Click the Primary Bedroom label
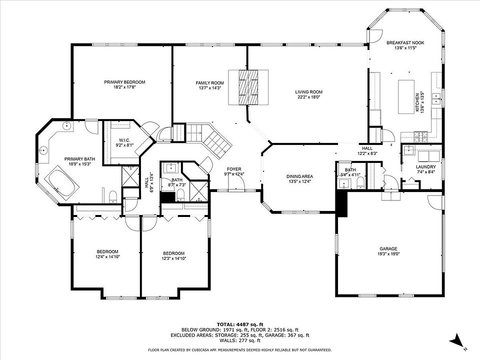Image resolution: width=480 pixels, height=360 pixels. click(124, 82)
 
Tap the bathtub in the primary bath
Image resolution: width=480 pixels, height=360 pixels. click(63, 180)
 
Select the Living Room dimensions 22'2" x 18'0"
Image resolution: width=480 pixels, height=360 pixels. click(308, 97)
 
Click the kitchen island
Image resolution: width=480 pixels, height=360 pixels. click(406, 97)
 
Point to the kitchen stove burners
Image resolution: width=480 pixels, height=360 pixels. click(421, 137)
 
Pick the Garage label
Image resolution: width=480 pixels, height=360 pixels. click(388, 249)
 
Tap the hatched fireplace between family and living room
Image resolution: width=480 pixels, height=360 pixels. click(248, 87)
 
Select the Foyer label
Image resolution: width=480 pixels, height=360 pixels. click(234, 169)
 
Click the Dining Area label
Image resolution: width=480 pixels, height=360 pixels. click(299, 176)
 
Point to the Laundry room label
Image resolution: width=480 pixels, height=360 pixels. click(425, 167)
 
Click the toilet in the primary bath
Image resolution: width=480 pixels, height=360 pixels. click(113, 196)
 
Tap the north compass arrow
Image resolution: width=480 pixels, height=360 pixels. click(456, 340)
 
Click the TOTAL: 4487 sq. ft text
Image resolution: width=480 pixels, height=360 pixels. click(240, 324)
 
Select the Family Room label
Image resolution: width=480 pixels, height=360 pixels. click(209, 83)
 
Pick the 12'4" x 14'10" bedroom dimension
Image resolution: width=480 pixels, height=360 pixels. click(107, 257)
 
